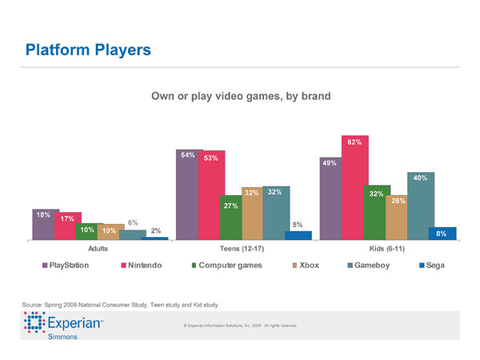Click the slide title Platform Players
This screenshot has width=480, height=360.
click(x=88, y=50)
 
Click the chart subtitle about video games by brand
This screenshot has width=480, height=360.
click(x=241, y=96)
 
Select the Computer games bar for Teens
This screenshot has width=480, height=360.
click(x=230, y=217)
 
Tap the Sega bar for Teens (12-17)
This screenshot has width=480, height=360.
click(x=298, y=234)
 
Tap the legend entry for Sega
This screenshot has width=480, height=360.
click(x=431, y=265)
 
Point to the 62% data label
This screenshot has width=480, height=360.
click(x=354, y=142)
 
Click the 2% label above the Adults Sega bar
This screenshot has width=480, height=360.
click(x=156, y=231)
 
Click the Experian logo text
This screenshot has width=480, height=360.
click(x=75, y=323)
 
